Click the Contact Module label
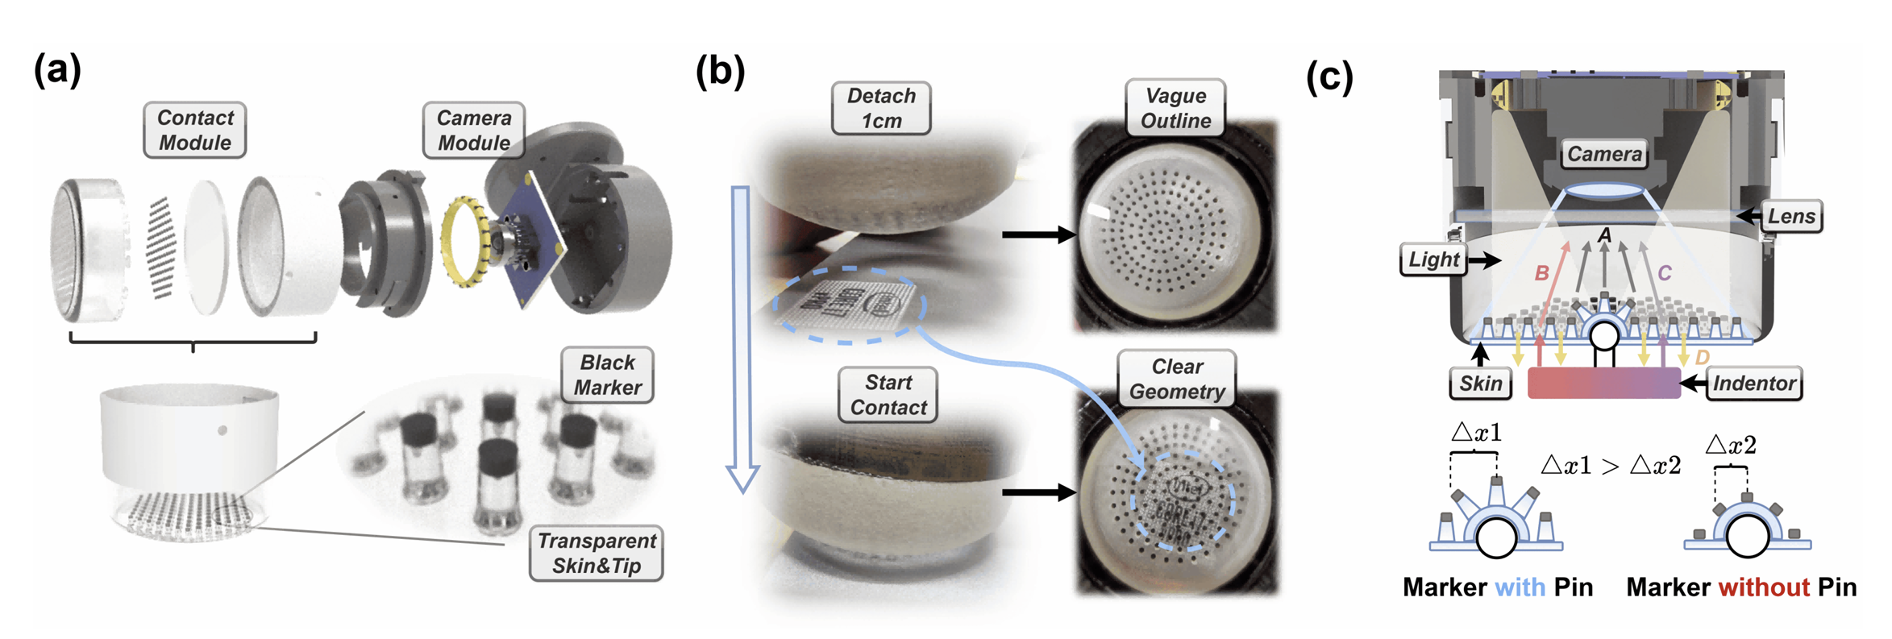coord(194,130)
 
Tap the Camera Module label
coord(473,130)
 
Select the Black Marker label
coord(607,375)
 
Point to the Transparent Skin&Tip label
coord(596,553)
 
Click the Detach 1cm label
coord(880,108)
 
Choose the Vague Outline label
coord(1175,108)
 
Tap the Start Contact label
coord(888,395)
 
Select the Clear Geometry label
coord(1176,379)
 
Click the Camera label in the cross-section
coord(1603,154)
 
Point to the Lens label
coord(1790,216)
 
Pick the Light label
coord(1433,259)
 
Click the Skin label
coord(1479,383)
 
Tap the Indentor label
coord(1753,383)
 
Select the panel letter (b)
coord(719,71)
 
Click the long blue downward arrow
coord(742,338)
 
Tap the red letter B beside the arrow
coord(1541,273)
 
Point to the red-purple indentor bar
coord(1603,384)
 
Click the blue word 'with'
coord(1520,587)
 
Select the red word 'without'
coord(1764,587)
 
